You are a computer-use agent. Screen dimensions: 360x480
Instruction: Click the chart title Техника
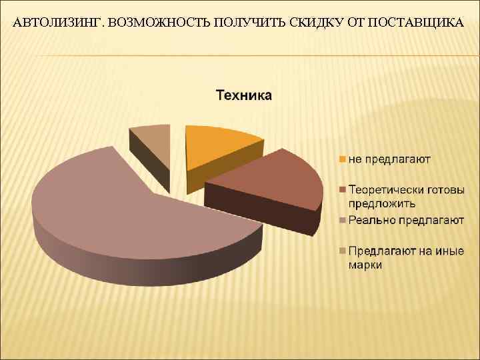[x=243, y=95]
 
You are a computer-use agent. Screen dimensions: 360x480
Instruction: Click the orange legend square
[x=342, y=159]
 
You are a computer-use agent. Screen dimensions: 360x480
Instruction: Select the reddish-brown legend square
[x=342, y=191]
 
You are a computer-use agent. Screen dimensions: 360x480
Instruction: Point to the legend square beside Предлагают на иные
[x=342, y=251]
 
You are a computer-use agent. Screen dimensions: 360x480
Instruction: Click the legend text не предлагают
[x=389, y=159]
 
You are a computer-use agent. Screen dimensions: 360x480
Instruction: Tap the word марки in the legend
[x=365, y=265]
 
